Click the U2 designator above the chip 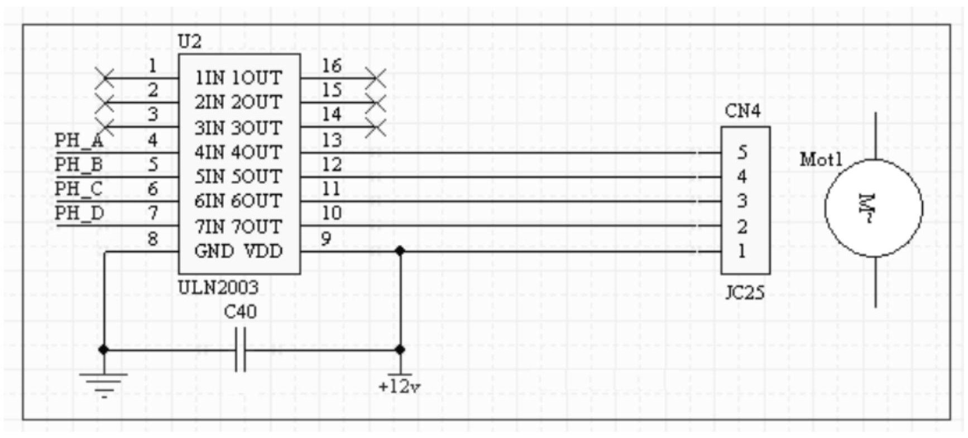click(x=189, y=41)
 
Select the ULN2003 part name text click(x=218, y=287)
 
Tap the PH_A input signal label click(x=79, y=141)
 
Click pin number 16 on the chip click(x=331, y=66)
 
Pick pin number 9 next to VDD click(x=326, y=239)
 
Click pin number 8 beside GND click(x=152, y=239)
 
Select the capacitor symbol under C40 click(x=240, y=350)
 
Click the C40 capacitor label click(x=240, y=312)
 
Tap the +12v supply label click(x=399, y=387)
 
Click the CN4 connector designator click(x=742, y=111)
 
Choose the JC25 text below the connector click(x=744, y=292)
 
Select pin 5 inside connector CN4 click(x=742, y=152)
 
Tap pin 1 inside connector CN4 click(x=742, y=251)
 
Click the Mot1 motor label click(x=821, y=160)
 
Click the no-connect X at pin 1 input click(x=104, y=78)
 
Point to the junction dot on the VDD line click(x=400, y=251)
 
